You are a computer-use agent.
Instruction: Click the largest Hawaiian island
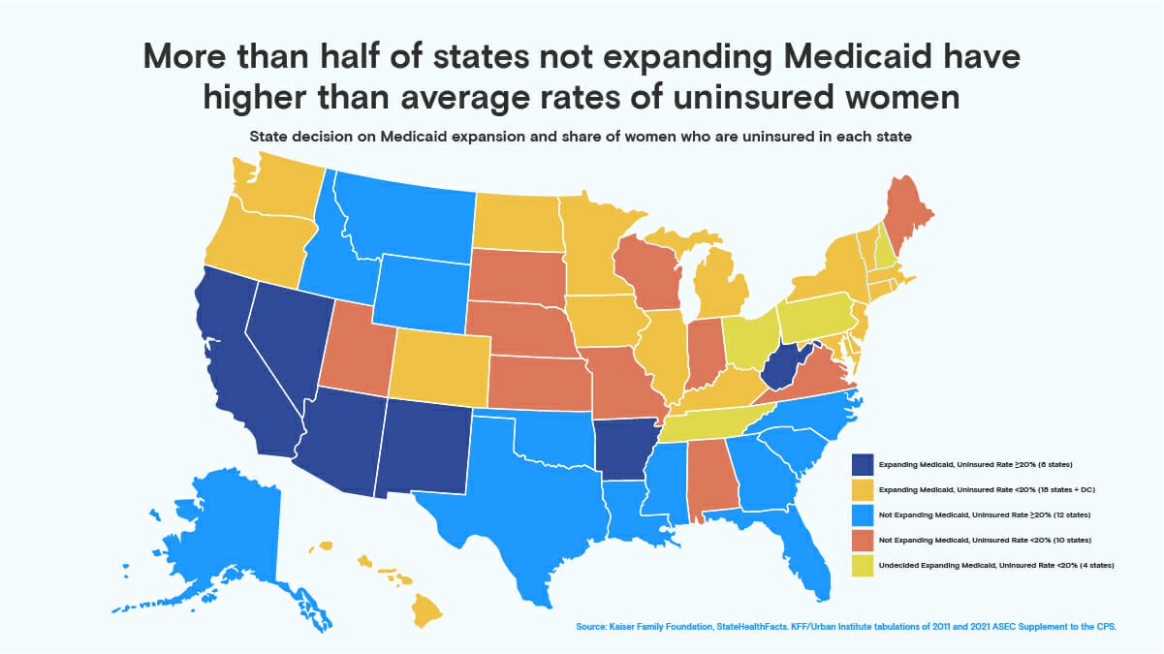425,608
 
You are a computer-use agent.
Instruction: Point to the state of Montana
407,218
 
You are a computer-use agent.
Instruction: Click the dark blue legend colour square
861,464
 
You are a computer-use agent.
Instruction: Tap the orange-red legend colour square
861,538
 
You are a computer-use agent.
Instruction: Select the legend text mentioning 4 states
994,563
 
